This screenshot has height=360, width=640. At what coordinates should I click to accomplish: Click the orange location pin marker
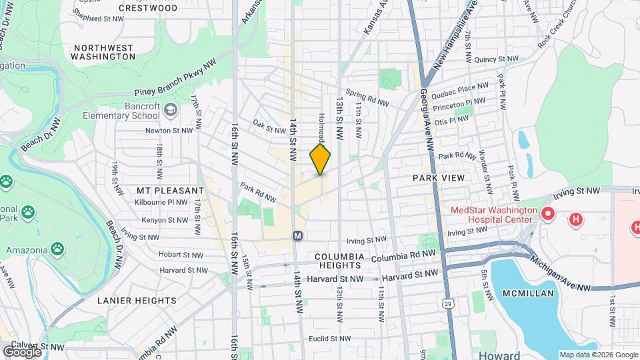321,160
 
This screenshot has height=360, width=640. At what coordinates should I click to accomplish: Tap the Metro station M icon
298,235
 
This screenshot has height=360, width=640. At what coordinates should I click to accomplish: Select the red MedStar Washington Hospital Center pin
548,214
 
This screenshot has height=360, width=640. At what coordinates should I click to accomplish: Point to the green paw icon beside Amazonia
59,250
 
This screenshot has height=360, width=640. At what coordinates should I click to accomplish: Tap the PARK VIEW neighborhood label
438,178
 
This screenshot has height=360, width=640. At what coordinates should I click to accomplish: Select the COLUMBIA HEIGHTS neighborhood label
339,261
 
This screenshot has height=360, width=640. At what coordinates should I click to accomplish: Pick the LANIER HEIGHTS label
137,301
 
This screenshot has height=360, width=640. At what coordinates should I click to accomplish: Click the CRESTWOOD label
148,8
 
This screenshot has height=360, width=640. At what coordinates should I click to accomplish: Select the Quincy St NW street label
496,59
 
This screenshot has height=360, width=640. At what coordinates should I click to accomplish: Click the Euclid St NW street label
329,339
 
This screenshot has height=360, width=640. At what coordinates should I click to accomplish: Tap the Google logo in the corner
22,351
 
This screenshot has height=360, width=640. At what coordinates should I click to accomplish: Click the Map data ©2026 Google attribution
598,355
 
